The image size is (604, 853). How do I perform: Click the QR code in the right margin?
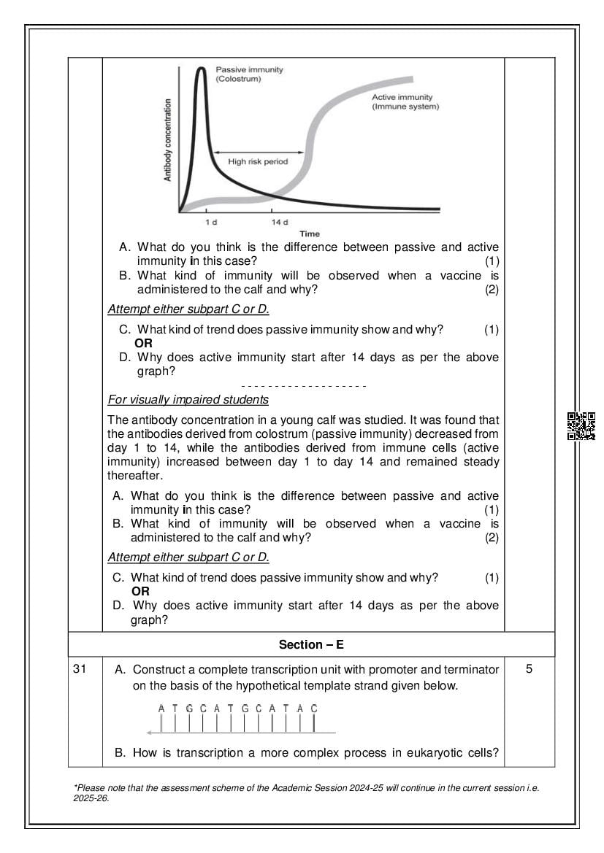tap(581, 426)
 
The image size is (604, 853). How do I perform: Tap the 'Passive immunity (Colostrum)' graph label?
tap(249, 74)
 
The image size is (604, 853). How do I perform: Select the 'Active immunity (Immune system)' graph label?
tap(405, 101)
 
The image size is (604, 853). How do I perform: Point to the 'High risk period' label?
tap(258, 161)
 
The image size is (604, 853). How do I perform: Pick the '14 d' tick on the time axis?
tap(279, 221)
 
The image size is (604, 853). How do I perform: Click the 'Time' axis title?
tap(310, 233)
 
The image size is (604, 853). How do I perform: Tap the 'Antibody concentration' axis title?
tap(168, 140)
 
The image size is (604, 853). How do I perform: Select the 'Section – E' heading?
tap(311, 644)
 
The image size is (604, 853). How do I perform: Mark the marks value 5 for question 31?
tap(529, 669)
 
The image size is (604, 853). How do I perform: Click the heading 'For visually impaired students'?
tap(188, 400)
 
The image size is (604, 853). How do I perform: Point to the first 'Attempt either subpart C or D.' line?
tap(188, 309)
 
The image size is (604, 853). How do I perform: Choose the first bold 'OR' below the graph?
tap(143, 343)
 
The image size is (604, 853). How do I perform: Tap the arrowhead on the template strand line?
tap(149, 732)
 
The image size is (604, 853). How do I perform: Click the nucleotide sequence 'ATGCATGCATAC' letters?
tap(237, 708)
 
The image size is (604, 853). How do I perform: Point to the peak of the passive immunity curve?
tap(200, 68)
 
